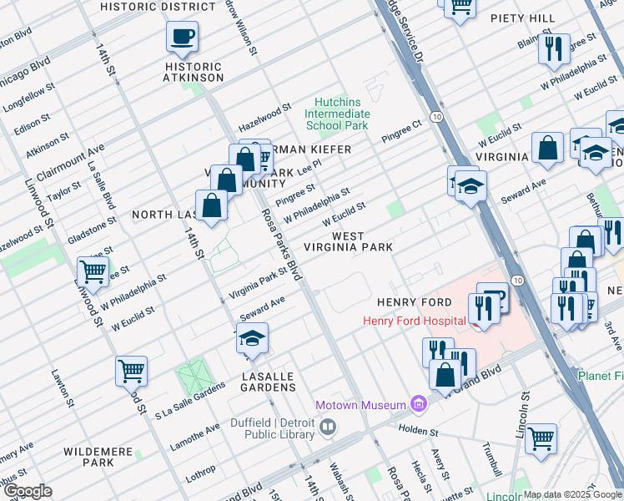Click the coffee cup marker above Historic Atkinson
click(x=182, y=38)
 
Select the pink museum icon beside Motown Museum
click(x=418, y=405)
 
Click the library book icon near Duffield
click(x=328, y=428)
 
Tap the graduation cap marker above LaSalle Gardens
click(x=252, y=339)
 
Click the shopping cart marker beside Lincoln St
click(x=541, y=438)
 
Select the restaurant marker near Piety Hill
click(x=553, y=50)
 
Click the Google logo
click(x=28, y=491)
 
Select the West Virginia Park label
click(x=361, y=242)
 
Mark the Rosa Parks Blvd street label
click(x=281, y=243)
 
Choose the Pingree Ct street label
click(x=402, y=131)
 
